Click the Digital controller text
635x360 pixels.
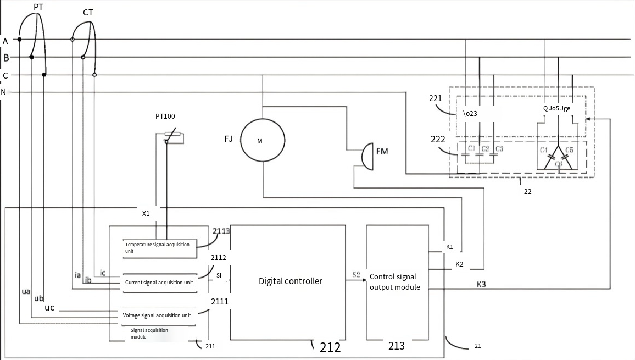point(290,281)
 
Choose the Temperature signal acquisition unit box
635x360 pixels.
point(159,248)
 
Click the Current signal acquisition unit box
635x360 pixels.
point(159,282)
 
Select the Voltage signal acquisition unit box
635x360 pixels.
point(159,315)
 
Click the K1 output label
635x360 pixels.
point(449,247)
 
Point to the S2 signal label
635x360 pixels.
point(356,274)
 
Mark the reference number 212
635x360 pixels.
point(330,347)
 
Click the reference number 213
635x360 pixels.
point(396,346)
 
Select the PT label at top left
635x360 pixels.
point(38,6)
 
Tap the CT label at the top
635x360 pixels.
point(88,12)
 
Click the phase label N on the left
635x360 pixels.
point(3,92)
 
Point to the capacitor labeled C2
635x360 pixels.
point(484,149)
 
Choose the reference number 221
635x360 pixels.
point(436,98)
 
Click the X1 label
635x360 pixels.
point(146,214)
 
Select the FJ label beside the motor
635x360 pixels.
point(228,139)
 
